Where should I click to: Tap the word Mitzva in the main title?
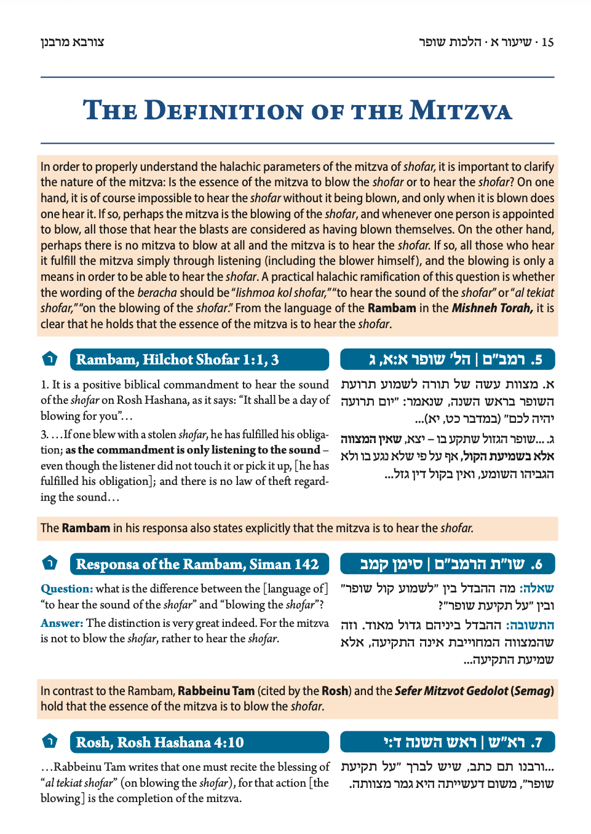(461, 111)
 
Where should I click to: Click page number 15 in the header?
(547, 42)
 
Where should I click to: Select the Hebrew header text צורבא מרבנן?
(73, 42)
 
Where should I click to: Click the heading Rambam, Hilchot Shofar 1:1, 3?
(177, 360)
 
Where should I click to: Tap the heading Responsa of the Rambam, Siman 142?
(197, 564)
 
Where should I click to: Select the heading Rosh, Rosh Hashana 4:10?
(160, 742)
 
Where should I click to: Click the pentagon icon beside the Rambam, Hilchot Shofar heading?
(50, 359)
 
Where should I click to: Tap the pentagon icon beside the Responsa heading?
(50, 563)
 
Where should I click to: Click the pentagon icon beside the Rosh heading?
(50, 741)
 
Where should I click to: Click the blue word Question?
(66, 589)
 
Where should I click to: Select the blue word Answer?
(61, 623)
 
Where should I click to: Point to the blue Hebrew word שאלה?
(537, 588)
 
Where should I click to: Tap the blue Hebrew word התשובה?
(530, 625)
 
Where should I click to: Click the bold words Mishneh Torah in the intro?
(492, 308)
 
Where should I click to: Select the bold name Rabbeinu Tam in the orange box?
(216, 691)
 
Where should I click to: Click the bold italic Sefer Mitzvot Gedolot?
(451, 691)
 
